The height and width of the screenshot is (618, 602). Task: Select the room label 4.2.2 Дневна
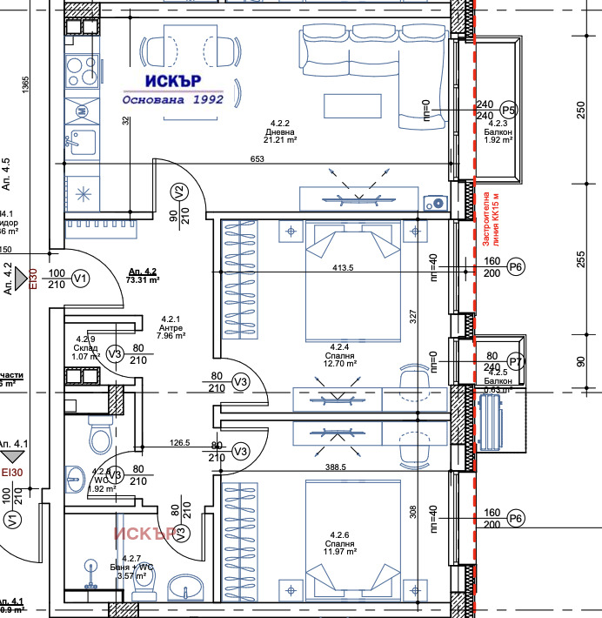[281, 132]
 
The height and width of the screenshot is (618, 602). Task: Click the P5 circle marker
[509, 110]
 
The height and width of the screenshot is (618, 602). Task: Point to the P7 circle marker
[516, 361]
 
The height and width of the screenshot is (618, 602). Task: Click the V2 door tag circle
[179, 191]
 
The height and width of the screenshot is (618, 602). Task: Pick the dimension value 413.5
[343, 269]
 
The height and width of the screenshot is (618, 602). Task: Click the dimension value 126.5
[179, 443]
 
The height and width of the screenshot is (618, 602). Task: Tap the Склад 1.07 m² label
[85, 348]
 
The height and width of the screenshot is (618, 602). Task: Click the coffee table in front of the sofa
[352, 105]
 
